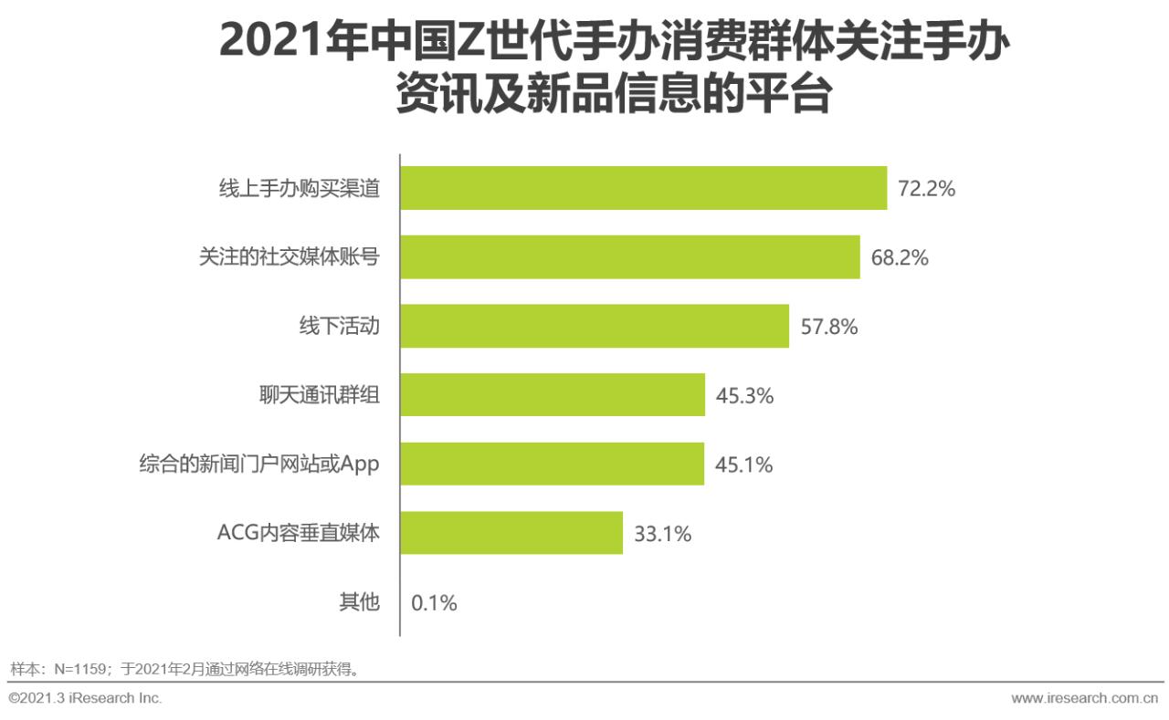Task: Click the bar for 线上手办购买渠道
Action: pyautogui.click(x=644, y=188)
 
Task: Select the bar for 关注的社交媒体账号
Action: pyautogui.click(x=630, y=257)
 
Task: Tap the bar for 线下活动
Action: pyautogui.click(x=595, y=327)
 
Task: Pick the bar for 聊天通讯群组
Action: pyautogui.click(x=553, y=395)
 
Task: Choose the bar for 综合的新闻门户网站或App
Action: pyautogui.click(x=553, y=464)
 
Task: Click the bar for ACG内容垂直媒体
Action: pyautogui.click(x=511, y=533)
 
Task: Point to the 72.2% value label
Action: pyautogui.click(x=926, y=189)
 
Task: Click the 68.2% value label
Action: pyautogui.click(x=899, y=258)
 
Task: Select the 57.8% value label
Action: pyautogui.click(x=828, y=327)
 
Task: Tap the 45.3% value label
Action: pyautogui.click(x=744, y=396)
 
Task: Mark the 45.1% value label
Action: pyautogui.click(x=743, y=464)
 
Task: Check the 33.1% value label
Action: pyautogui.click(x=662, y=534)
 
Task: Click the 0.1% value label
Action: pyautogui.click(x=434, y=603)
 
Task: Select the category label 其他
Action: pyautogui.click(x=359, y=602)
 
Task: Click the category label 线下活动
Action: pyautogui.click(x=339, y=327)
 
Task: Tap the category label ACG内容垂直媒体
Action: pyautogui.click(x=298, y=533)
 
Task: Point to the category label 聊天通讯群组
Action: pyautogui.click(x=319, y=395)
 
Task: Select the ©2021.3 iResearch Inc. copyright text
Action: pyautogui.click(x=85, y=698)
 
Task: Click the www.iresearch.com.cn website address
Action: pyautogui.click(x=1085, y=698)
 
